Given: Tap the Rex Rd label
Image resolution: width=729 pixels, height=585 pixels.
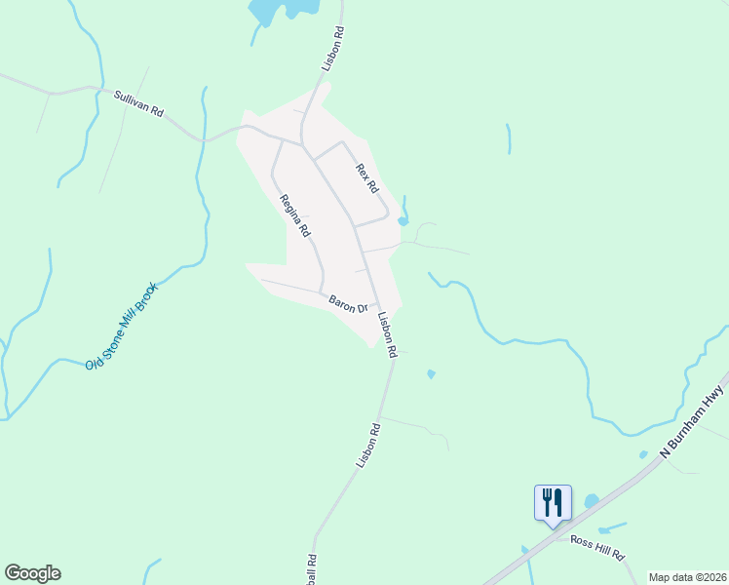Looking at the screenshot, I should (366, 177).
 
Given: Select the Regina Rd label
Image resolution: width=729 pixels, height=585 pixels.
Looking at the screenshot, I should (294, 216).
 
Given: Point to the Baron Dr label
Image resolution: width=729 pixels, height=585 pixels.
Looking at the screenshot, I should (348, 303).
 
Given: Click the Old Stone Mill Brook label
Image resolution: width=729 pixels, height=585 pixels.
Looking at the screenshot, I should (120, 328).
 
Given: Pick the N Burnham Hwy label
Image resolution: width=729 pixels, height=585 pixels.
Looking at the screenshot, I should (692, 420).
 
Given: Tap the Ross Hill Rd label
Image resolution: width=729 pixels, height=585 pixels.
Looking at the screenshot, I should (596, 546).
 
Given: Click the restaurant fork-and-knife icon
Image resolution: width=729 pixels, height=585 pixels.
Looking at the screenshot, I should (552, 502).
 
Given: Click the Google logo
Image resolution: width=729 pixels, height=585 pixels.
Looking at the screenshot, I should (32, 573).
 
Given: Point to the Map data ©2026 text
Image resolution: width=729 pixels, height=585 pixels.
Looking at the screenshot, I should (687, 577).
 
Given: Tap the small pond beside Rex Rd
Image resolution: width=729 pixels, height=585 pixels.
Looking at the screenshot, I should (403, 220).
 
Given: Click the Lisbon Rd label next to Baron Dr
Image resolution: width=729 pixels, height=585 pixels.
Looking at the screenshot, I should (388, 333).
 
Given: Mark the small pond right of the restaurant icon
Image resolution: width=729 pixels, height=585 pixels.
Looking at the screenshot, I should (592, 501).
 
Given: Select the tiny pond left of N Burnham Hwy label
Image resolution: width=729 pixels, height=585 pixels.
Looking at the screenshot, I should (642, 454).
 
